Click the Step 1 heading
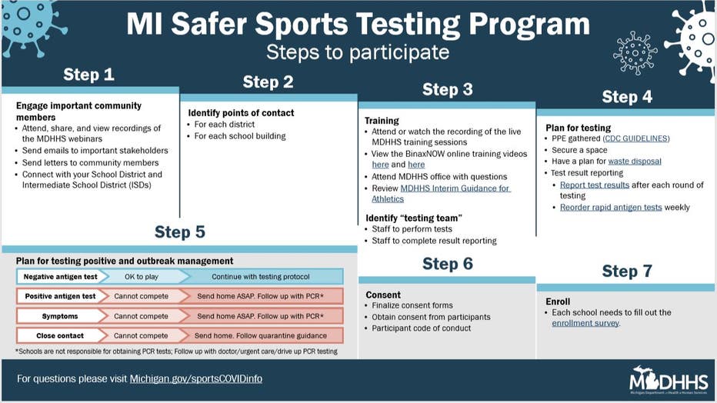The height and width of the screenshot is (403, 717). point(88,75)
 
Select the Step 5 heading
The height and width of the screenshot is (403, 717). point(180,231)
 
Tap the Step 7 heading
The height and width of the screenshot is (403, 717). point(627,271)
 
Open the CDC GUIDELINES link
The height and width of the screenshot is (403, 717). point(636,138)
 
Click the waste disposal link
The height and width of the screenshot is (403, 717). point(635,162)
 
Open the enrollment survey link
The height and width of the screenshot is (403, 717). point(585,323)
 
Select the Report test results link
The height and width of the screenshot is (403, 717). point(595,185)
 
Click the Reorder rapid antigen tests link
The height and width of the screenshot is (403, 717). point(611,207)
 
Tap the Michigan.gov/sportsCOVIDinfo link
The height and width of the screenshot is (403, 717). point(195,379)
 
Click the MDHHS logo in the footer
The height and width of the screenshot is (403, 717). point(669,380)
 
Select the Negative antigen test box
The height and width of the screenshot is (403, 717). point(60,276)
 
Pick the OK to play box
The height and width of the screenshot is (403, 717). point(142,276)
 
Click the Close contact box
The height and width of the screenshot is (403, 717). point(60,335)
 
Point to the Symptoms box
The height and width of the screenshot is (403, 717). point(60,316)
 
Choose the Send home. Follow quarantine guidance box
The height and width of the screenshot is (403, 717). point(261,335)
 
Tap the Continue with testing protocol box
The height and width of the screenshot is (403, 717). point(261,276)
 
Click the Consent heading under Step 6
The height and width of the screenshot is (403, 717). point(383,295)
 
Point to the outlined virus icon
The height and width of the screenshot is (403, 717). point(635,52)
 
